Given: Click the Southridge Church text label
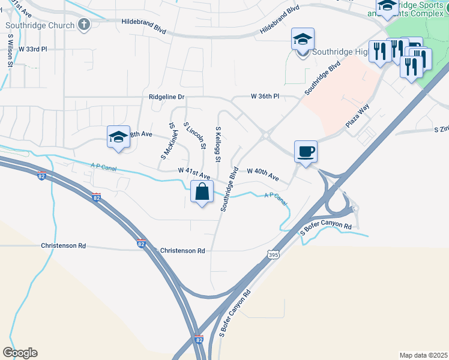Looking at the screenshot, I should pos(40,25).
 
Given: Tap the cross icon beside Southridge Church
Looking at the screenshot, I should pos(84,25).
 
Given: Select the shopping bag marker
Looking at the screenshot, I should pos(202,193).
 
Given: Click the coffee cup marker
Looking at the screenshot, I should pos(306,151).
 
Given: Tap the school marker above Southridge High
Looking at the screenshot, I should pos(303,40).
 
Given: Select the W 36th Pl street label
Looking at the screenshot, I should pos(265,97).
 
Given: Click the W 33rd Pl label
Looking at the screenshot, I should pos(32,49).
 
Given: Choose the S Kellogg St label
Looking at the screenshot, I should pos(219,144).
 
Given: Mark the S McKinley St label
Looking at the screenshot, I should pos(167,142).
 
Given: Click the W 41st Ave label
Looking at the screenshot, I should pos(193,172).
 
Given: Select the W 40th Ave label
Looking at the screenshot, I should pos(263,175).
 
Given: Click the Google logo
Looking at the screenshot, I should pos(20,352).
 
